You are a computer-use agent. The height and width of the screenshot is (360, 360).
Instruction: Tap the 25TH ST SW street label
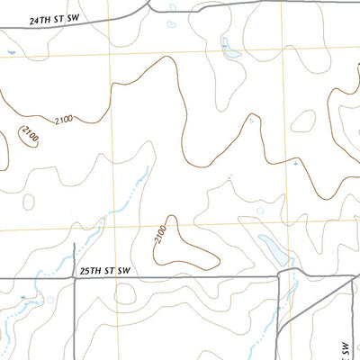point(105,270)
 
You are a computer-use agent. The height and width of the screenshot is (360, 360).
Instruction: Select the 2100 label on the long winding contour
point(64,121)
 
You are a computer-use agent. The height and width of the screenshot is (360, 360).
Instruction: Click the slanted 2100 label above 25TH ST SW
point(160,236)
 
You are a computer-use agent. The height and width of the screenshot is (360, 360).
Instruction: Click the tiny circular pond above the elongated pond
point(260,211)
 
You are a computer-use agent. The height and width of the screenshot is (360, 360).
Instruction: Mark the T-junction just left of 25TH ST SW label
point(73,278)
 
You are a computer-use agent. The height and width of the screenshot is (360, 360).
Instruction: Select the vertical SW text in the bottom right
point(346,346)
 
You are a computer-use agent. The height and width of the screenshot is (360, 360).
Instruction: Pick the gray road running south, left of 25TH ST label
point(72,319)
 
